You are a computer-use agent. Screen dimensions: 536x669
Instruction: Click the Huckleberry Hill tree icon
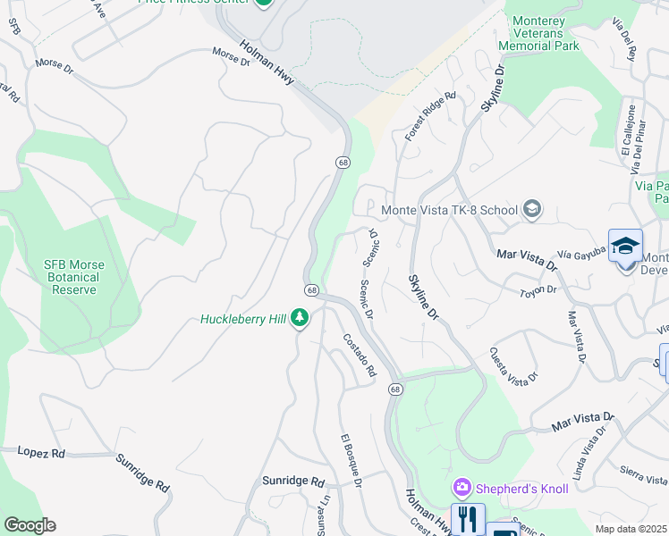click(x=301, y=318)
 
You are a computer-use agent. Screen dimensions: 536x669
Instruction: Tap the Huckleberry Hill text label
click(x=244, y=319)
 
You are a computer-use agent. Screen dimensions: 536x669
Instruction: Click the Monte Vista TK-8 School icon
click(x=532, y=210)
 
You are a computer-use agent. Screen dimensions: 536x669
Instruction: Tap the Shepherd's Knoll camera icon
click(x=462, y=488)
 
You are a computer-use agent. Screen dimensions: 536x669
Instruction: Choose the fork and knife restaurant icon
click(x=468, y=518)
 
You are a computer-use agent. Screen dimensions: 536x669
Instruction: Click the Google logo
click(x=30, y=525)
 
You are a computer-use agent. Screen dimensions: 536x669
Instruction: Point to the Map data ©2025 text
click(x=631, y=529)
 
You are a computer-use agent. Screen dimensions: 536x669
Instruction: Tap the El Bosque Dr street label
click(x=350, y=459)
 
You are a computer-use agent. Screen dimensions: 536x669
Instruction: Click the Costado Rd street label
click(x=360, y=355)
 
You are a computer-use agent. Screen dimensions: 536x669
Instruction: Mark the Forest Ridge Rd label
click(x=430, y=115)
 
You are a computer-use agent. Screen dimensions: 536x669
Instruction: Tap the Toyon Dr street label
click(x=538, y=289)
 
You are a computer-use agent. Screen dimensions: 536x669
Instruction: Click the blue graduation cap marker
click(x=625, y=246)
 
